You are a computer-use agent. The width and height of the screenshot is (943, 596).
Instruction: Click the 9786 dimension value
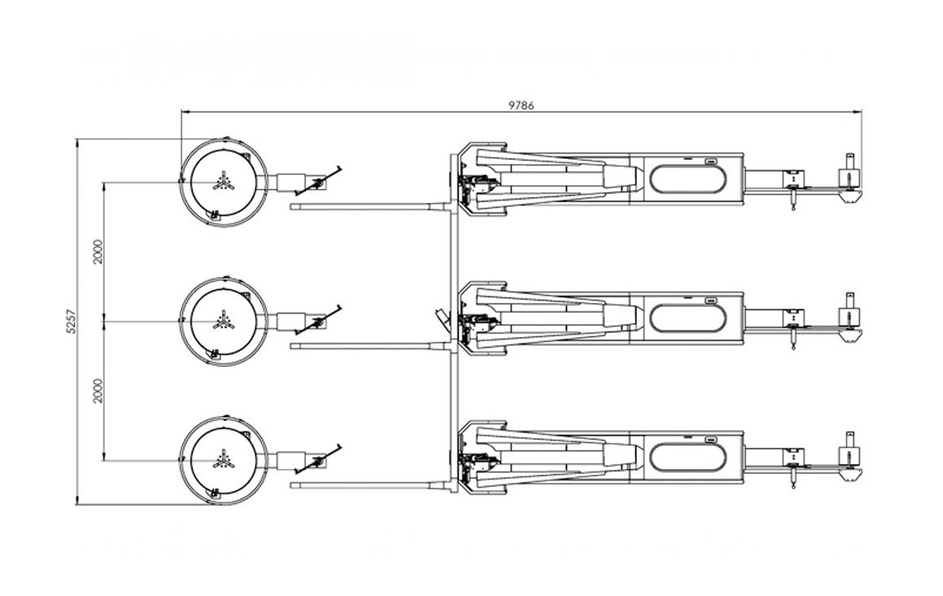521,105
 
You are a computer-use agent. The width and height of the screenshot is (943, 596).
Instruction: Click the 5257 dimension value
72,321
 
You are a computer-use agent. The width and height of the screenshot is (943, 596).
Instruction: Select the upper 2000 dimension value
99,252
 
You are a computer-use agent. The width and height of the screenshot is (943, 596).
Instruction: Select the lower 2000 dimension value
99,391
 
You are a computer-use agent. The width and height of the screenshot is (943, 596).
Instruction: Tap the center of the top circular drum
223,182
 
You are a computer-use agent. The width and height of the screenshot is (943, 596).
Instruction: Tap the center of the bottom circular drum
223,461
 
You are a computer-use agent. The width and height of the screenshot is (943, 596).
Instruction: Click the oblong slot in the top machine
688,178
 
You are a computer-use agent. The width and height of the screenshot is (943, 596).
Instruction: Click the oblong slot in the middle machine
688,318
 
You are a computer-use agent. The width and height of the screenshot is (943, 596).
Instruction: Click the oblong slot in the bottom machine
688,457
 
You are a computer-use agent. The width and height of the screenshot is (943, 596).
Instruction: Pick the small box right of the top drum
292,182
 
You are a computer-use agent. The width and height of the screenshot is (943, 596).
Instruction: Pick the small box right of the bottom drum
292,461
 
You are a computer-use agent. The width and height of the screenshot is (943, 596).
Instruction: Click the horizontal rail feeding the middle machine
371,346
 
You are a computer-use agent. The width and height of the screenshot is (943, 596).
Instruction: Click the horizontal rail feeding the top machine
371,207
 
